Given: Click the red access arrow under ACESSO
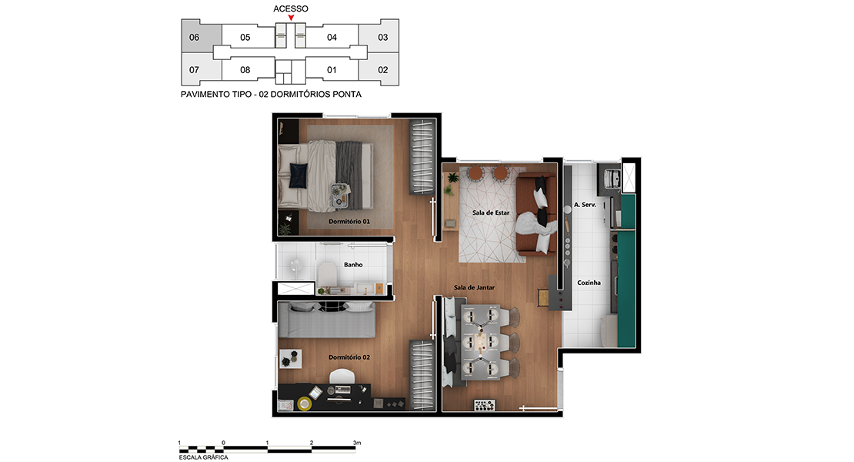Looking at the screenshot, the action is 291,18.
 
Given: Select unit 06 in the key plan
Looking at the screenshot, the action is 201,36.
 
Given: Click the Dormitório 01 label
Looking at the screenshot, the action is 349,222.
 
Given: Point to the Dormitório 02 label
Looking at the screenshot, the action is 349,357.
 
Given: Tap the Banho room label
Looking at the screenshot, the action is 353,265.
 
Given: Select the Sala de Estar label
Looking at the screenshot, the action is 491,213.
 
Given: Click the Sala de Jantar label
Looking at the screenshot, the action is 475,288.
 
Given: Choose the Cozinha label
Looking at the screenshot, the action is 589,283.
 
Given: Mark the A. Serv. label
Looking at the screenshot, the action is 585,205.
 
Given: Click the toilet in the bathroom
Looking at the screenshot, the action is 327,274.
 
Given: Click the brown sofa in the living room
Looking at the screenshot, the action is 536,215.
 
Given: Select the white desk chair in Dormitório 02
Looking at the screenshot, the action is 342,376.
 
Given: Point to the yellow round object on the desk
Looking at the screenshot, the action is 305,403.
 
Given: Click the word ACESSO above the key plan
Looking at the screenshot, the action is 291,8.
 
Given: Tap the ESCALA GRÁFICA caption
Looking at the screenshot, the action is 204,457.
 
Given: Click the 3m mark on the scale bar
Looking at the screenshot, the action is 357,443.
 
